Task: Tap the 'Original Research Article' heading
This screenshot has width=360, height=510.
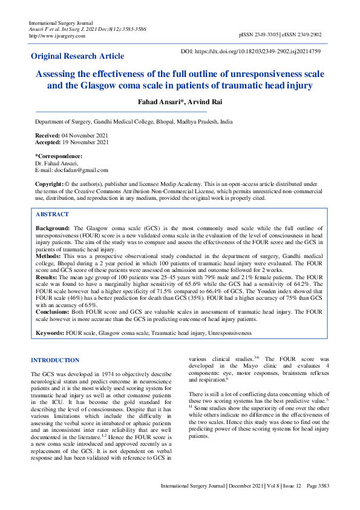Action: pos(77,56)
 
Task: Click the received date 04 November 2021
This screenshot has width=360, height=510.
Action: pos(83,134)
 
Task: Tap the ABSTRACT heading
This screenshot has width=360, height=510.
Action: pos(52,214)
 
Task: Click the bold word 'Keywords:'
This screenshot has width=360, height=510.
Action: pos(50,333)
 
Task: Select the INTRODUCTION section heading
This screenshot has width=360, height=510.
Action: pos(55,360)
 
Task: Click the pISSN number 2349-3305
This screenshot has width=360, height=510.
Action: pos(272,36)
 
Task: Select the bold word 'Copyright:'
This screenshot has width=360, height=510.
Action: pos(49,184)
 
